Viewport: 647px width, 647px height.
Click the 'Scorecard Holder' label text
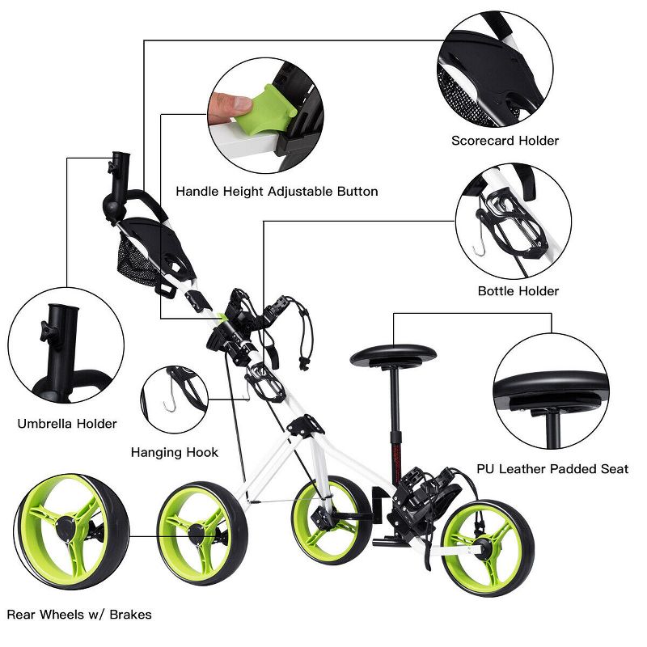tap(505, 141)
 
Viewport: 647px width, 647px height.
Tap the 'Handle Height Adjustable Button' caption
tap(277, 192)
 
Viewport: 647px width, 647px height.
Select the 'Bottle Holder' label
tap(518, 291)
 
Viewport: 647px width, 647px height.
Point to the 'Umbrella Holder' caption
tap(67, 423)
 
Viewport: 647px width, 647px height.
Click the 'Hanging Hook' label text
tap(175, 452)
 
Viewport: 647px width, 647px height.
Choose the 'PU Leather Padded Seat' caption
tap(552, 468)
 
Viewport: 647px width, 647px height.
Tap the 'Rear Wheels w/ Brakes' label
tap(78, 615)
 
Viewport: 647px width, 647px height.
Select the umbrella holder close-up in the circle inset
tap(66, 348)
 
